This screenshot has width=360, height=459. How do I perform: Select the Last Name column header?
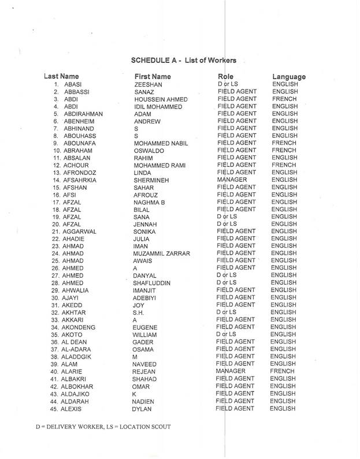click(x=61, y=76)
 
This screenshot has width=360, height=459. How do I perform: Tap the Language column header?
click(x=288, y=76)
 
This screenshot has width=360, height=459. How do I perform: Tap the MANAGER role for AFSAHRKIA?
click(x=234, y=180)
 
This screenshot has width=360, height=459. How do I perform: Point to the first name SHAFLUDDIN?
click(x=154, y=283)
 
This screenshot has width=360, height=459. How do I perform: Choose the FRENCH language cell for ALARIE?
click(x=283, y=371)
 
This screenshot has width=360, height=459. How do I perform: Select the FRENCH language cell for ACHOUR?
click(x=283, y=165)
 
